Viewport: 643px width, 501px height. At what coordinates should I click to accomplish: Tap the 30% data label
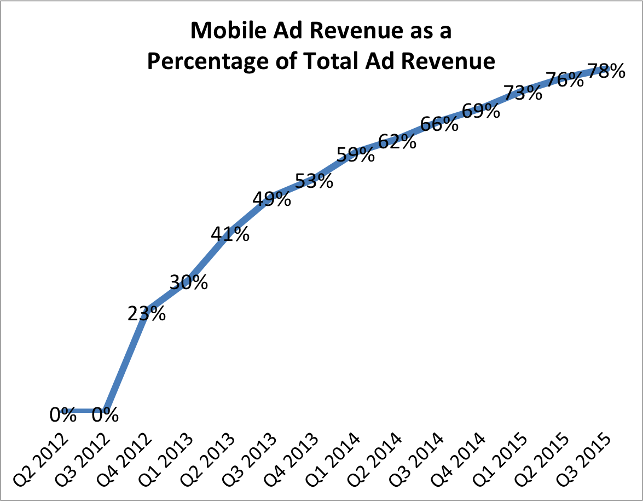click(188, 282)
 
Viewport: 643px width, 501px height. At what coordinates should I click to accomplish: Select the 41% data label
click(230, 234)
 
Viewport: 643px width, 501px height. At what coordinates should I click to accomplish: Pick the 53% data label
click(314, 180)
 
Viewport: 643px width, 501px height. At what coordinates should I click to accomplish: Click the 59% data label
click(356, 155)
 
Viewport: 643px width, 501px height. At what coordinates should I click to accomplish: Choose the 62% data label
click(398, 141)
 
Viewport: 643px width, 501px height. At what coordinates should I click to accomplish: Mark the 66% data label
click(439, 124)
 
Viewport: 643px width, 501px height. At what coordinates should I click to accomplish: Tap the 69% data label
click(481, 111)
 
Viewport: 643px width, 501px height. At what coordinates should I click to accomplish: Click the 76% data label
click(565, 80)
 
